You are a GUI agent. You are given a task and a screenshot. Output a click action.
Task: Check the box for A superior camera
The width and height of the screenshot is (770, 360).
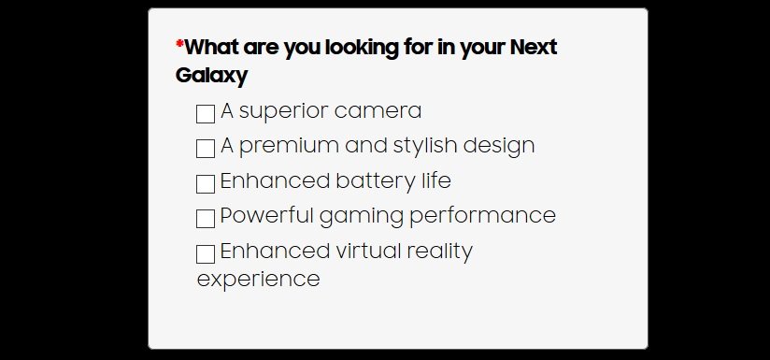click(x=206, y=114)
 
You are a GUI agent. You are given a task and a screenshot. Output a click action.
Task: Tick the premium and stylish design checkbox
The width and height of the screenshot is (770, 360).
click(x=206, y=149)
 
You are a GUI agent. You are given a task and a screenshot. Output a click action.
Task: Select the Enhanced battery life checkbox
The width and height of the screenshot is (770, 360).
click(x=206, y=184)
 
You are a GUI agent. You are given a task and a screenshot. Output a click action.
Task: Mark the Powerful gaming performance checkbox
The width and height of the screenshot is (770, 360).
click(x=206, y=219)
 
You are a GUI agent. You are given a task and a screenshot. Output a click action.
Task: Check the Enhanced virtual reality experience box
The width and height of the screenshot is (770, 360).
click(x=206, y=254)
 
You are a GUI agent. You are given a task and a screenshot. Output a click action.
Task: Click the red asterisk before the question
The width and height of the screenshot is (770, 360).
click(x=179, y=45)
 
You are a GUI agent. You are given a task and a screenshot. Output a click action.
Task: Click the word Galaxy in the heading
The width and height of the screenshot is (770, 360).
click(x=211, y=76)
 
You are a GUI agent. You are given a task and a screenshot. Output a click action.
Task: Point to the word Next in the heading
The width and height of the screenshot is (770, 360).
click(x=534, y=47)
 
